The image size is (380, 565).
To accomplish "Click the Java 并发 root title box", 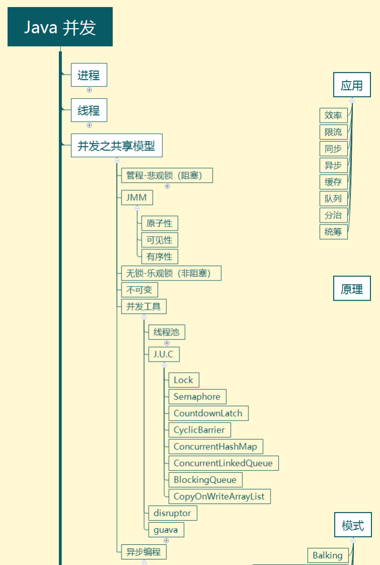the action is [60, 27].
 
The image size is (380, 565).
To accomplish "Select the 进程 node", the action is [89, 75].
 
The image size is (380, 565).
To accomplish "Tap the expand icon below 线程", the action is [89, 125].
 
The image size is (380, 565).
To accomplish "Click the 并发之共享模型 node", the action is [116, 146].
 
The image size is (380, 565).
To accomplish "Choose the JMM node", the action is [137, 197].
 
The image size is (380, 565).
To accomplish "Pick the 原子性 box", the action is [160, 224].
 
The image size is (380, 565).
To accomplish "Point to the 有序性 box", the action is [160, 256].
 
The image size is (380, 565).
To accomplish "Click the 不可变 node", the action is [140, 290].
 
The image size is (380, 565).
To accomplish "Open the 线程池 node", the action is [167, 332].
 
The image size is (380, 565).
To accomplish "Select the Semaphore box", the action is [197, 397].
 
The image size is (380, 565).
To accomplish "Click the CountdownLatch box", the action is [208, 413].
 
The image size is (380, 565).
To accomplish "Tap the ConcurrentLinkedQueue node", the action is [224, 463].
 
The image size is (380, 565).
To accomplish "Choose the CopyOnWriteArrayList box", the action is [220, 496].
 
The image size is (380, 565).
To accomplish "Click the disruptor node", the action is [173, 513].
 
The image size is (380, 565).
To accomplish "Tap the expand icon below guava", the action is [166, 540].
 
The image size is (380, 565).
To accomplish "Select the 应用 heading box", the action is [352, 85].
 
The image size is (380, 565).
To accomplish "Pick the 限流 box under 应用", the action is [334, 132].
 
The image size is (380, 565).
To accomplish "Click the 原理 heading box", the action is [352, 288].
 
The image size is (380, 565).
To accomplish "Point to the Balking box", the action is [328, 555].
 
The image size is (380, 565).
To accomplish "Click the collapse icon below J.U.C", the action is [164, 365].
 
